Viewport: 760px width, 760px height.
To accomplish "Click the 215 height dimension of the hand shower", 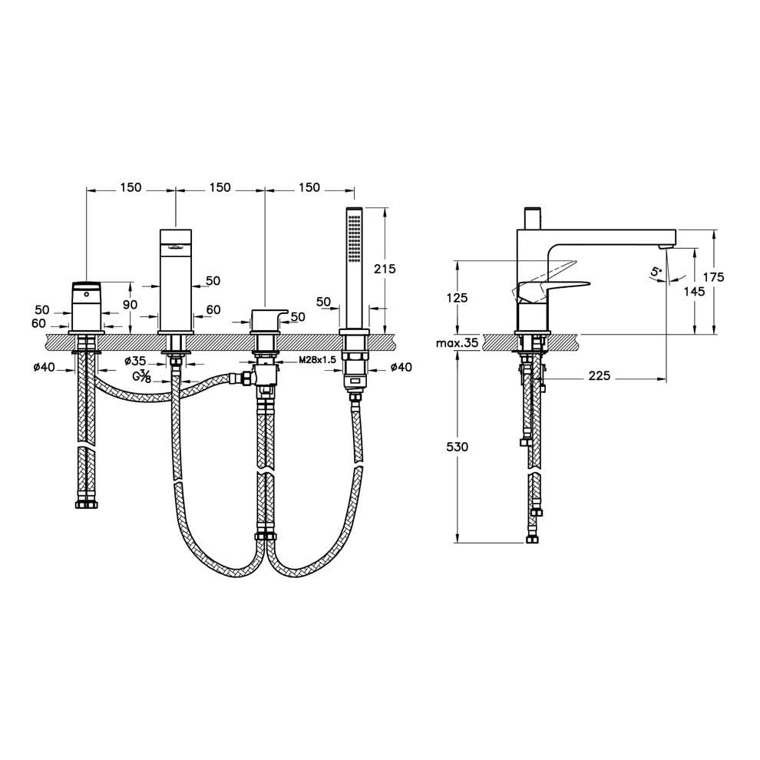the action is pos(385,269).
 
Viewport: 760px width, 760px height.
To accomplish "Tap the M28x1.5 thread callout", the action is pos(318,360).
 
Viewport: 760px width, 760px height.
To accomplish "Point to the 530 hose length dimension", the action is pos(457,446).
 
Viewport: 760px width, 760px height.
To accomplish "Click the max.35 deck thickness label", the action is pos(457,343).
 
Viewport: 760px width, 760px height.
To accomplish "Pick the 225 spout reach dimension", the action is pos(600,375).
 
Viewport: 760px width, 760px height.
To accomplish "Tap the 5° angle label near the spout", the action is pos(656,273).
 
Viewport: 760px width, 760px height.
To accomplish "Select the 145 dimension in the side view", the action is pos(694,291).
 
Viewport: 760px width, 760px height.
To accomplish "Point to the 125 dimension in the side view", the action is pos(457,297).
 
